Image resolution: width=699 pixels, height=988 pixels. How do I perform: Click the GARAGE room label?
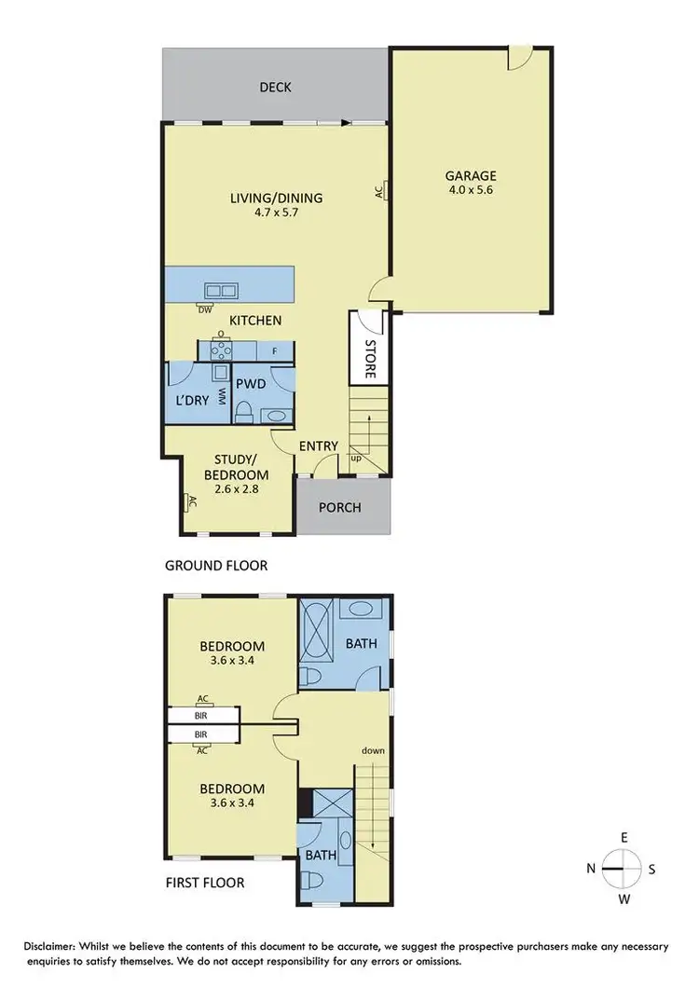click(x=471, y=175)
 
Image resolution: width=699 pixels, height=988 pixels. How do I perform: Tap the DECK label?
click(x=275, y=88)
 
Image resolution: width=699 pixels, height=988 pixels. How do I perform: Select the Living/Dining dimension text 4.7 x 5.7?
click(x=276, y=213)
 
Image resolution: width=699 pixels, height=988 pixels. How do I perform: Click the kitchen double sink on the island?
click(x=221, y=290)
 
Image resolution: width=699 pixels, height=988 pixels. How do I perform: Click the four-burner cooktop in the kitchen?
click(x=221, y=350)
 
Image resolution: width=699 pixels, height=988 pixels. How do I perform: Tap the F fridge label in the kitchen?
click(x=274, y=351)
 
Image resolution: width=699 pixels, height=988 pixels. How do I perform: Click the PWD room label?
click(x=251, y=383)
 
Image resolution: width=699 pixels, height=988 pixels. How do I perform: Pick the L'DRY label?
click(x=192, y=402)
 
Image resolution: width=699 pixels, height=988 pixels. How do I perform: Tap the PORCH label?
click(x=340, y=508)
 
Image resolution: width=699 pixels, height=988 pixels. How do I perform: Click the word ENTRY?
click(x=318, y=446)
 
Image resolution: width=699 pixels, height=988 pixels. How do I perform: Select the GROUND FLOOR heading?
click(x=216, y=565)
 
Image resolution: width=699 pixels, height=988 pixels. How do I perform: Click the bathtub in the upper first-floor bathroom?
click(x=317, y=632)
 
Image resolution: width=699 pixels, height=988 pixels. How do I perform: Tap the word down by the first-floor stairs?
click(x=375, y=750)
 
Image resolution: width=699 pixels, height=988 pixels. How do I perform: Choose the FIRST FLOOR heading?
click(x=205, y=882)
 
